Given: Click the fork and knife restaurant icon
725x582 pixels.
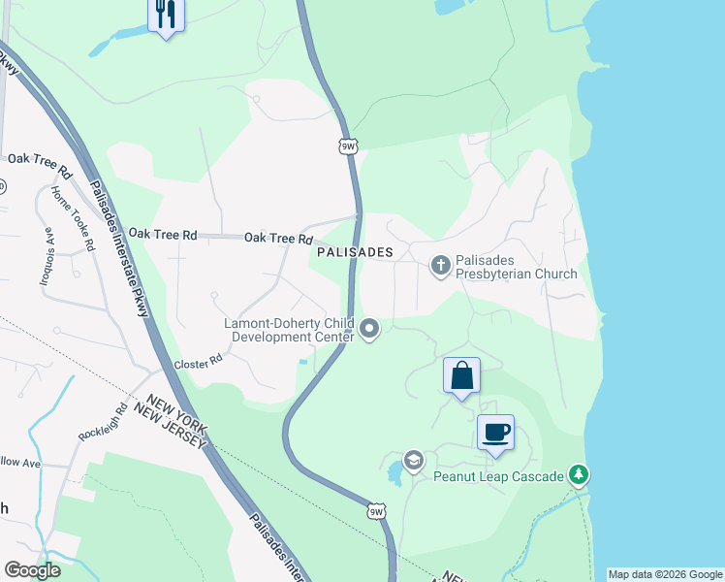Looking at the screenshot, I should point(166,14).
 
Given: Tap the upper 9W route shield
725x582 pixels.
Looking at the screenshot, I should point(348,146).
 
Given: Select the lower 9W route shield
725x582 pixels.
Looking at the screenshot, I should point(376,510).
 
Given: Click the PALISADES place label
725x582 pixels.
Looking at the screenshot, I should point(355,252).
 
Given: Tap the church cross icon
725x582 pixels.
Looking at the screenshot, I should point(441,265).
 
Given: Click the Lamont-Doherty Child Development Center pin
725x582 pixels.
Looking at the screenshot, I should point(369,330).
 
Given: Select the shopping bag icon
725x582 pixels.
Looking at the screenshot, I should point(461,375).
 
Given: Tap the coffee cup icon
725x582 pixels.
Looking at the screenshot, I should point(495,432).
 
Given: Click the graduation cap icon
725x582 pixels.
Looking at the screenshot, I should point(414,460).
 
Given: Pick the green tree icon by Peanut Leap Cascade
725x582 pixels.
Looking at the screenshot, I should point(579,474).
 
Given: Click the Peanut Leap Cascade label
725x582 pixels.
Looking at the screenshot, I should point(499,476).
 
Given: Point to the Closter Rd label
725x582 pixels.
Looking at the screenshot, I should point(198,364).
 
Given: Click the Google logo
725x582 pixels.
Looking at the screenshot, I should point(32,570).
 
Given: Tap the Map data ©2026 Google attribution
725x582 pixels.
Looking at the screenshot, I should point(666,574).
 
